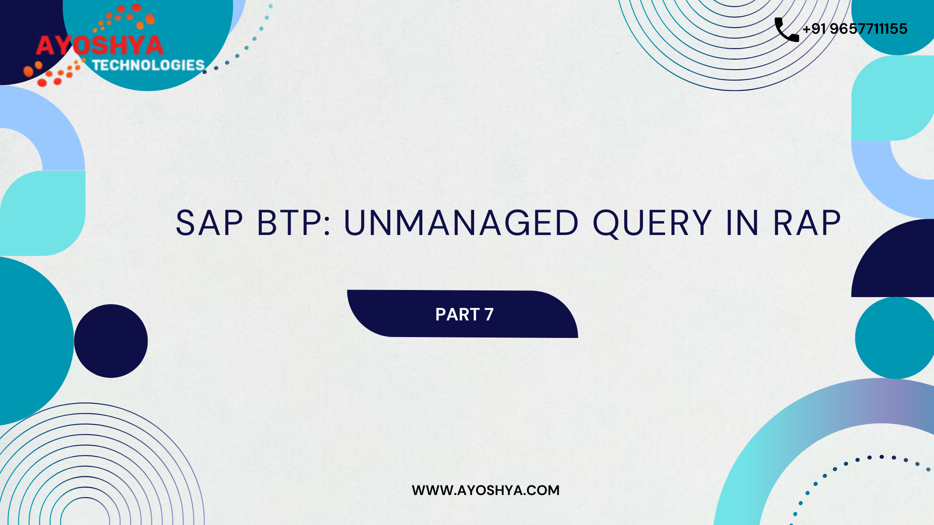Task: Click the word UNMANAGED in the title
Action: click(x=461, y=223)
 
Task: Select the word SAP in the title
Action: click(x=209, y=223)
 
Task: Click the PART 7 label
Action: click(x=464, y=315)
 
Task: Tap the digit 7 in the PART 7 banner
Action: click(x=489, y=315)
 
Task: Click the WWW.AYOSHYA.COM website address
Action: click(x=486, y=490)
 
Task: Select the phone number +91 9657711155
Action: click(x=855, y=29)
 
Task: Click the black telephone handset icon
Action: click(x=787, y=30)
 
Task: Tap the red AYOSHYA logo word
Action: click(x=99, y=45)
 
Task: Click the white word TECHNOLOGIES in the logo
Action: click(x=148, y=65)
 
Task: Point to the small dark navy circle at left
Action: click(x=111, y=341)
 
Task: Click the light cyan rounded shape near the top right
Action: click(x=893, y=98)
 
